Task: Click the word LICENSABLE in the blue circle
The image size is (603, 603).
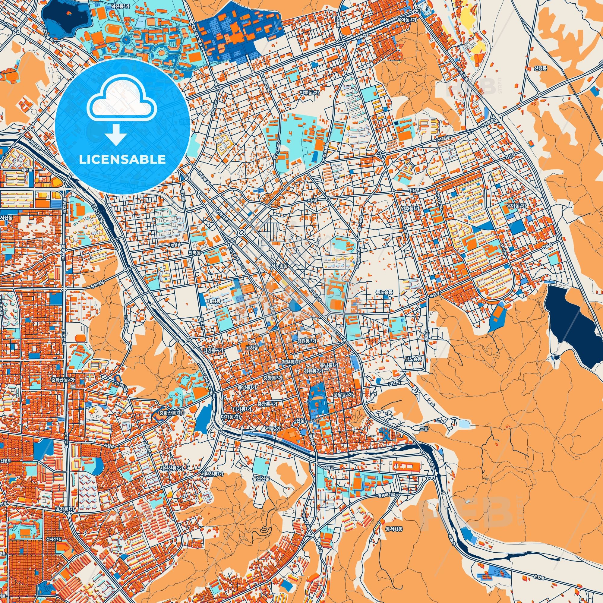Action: coord(122,159)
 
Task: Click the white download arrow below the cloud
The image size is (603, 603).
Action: coord(116,135)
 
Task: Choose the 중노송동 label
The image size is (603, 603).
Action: coord(384,292)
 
